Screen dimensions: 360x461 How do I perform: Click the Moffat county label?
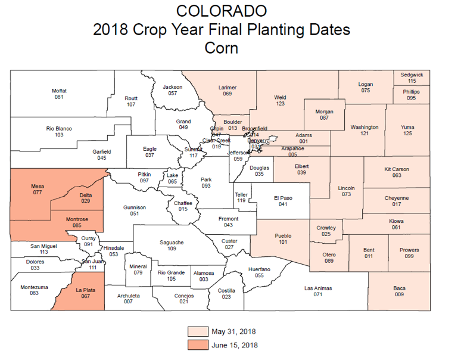click(59, 91)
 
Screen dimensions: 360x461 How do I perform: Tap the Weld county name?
click(280, 97)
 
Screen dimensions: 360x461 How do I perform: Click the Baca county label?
click(399, 288)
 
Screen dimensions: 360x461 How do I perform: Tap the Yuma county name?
click(407, 127)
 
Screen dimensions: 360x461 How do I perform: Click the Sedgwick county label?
click(412, 75)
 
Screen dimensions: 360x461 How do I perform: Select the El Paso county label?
click(283, 197)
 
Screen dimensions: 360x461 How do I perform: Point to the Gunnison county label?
click(134, 207)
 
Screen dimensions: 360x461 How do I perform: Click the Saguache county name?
click(172, 242)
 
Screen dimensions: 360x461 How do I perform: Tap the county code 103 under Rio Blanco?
click(58, 135)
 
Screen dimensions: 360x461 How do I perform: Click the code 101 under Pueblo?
click(283, 243)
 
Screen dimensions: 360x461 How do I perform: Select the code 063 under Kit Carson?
click(397, 176)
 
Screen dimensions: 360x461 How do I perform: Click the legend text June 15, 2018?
click(234, 345)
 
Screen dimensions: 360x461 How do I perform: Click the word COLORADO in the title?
click(221, 11)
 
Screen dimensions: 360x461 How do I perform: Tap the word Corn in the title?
click(221, 48)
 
